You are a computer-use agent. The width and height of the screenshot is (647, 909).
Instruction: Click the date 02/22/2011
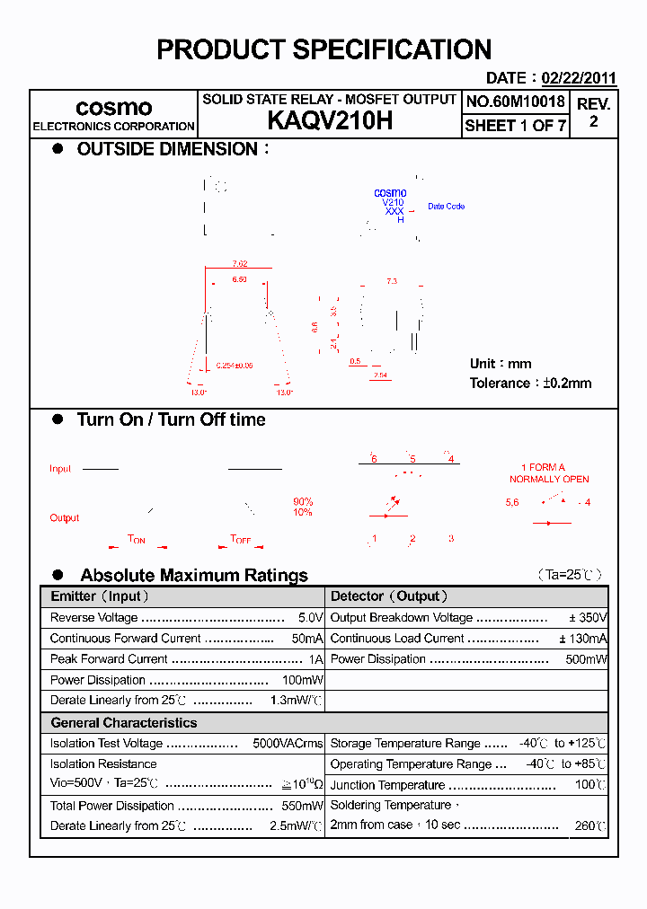coord(578,78)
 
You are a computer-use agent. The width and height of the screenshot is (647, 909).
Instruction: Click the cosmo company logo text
coord(113,108)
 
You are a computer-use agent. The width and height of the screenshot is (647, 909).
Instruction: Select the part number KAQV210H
coord(330,121)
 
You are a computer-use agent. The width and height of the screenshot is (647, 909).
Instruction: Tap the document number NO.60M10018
coord(515,101)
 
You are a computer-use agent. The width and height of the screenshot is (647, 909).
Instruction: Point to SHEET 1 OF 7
coord(515,126)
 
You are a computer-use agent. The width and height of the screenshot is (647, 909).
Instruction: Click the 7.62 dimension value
coord(239,263)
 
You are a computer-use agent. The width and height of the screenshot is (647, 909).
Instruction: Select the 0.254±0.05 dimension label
coord(235,366)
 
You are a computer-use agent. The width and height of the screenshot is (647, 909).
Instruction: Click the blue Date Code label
coord(446,207)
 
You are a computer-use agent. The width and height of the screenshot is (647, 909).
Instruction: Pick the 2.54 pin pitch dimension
coord(380,375)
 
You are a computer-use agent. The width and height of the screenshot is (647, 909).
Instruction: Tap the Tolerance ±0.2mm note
coord(530,383)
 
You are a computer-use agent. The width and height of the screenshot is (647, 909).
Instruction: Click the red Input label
coord(60,469)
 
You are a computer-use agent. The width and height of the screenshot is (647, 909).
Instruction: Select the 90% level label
coord(303,501)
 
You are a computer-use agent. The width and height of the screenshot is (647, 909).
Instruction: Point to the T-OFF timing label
coord(241,539)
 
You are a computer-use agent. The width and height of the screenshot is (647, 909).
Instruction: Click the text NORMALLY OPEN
coord(549,479)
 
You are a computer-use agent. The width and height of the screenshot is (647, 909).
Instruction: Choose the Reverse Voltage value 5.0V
coord(310,618)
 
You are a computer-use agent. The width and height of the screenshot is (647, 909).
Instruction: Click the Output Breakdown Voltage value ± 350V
coord(588,618)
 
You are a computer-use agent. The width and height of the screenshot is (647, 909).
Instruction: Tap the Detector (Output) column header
coord(389,596)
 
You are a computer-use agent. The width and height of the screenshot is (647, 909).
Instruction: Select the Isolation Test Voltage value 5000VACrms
coord(288,744)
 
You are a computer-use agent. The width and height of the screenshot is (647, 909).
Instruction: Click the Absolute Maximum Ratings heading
coord(194,575)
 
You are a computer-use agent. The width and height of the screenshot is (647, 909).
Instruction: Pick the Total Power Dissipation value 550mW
coord(303,806)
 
